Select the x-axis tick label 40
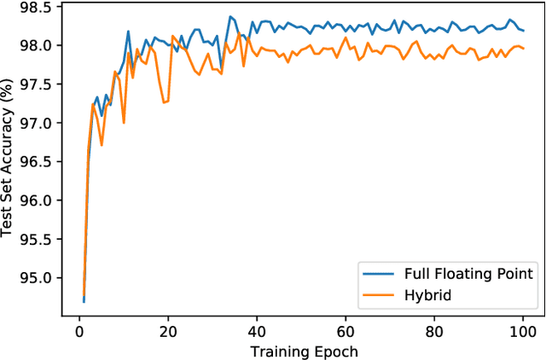click(253, 331)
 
